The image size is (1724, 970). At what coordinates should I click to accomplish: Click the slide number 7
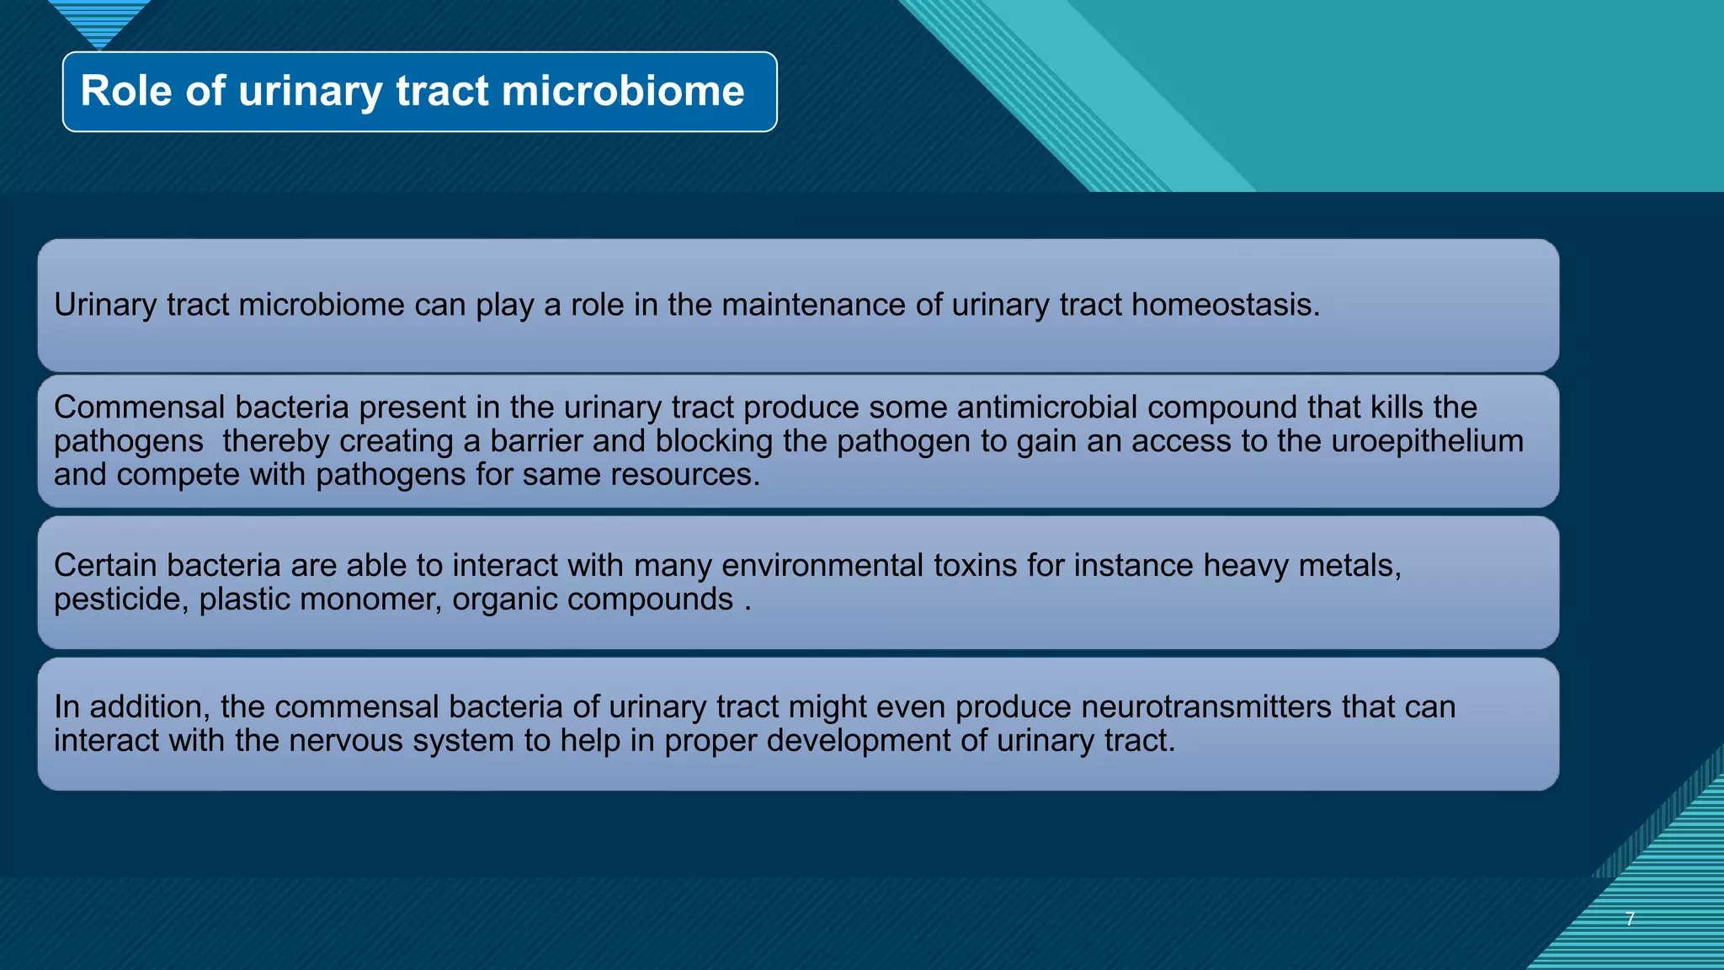click(1630, 919)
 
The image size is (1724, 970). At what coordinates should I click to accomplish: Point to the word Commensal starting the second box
click(140, 408)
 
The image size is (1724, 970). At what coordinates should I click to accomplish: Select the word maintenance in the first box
click(813, 305)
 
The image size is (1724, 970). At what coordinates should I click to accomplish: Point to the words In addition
click(130, 706)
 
